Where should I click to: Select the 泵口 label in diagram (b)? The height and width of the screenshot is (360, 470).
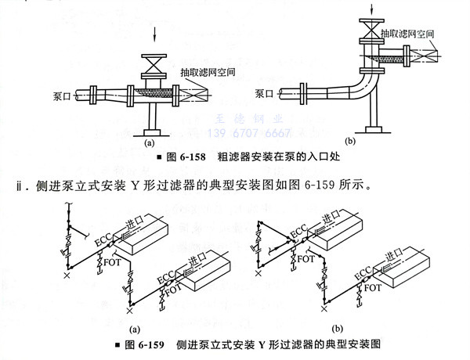tap(265, 92)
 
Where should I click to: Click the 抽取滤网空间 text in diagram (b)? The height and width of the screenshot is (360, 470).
tap(408, 34)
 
